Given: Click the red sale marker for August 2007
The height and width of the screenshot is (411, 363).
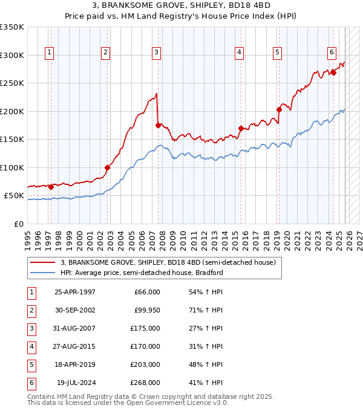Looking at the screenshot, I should (x=159, y=126).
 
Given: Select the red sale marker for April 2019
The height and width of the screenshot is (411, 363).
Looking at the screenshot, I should (x=279, y=109).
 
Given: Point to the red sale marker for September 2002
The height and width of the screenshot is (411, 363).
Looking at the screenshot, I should (x=107, y=167).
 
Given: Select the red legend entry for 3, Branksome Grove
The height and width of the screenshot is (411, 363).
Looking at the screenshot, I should (x=168, y=262).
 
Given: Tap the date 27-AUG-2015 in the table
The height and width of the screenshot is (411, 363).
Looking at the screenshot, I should (x=74, y=346).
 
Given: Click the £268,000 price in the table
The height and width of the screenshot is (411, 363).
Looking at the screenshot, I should (x=145, y=383).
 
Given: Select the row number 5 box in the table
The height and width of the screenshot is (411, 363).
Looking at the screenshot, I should (x=31, y=364).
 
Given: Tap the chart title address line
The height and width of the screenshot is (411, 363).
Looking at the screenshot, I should (x=181, y=7).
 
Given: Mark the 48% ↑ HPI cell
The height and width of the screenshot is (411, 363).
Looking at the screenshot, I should (x=206, y=364).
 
